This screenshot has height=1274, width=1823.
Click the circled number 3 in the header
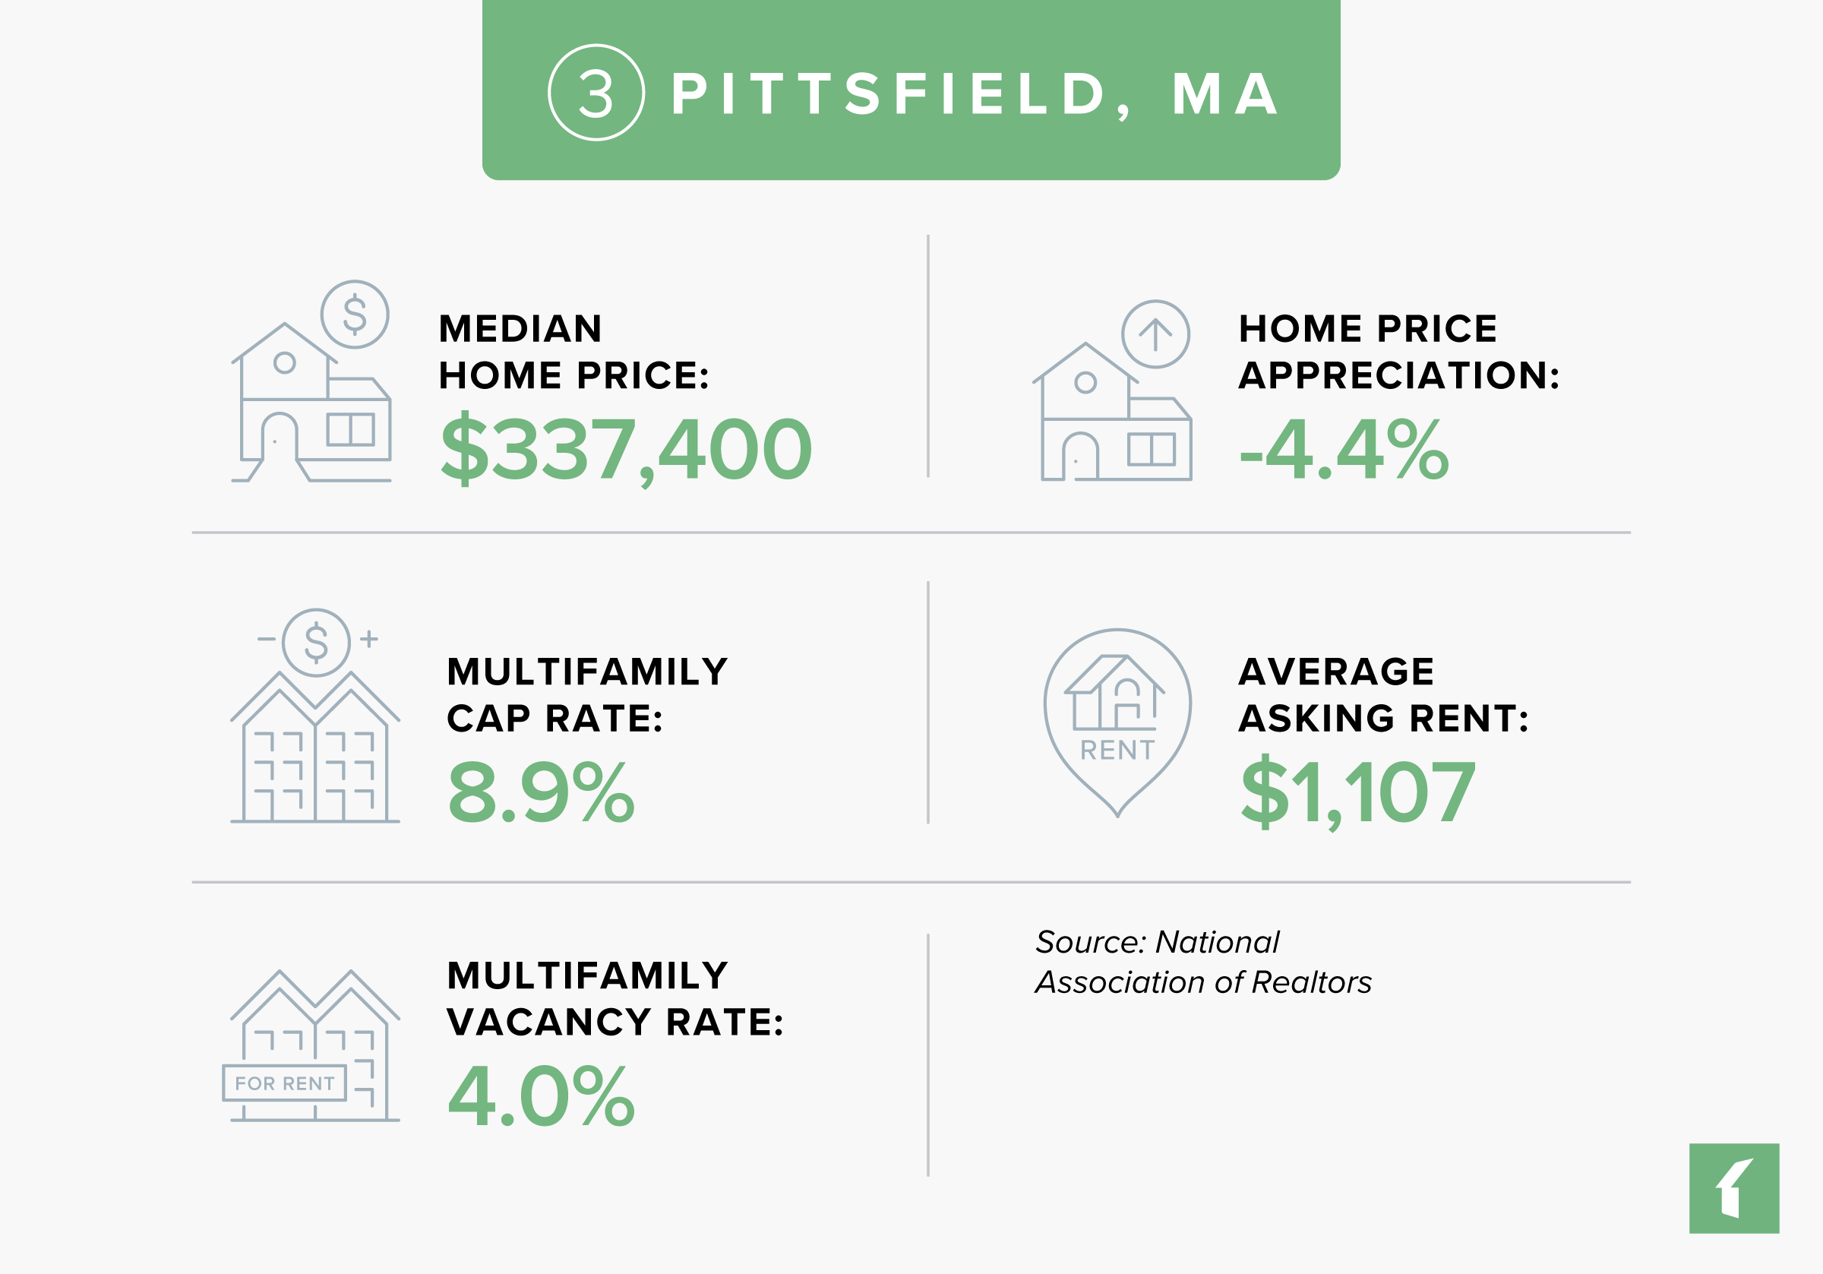pyautogui.click(x=596, y=93)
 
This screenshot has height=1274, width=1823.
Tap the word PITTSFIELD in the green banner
pyautogui.click(x=890, y=94)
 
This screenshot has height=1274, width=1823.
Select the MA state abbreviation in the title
pyautogui.click(x=1224, y=94)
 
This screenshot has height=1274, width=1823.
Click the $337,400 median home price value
pyautogui.click(x=627, y=450)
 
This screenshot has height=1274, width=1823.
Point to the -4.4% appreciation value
pyautogui.click(x=1344, y=450)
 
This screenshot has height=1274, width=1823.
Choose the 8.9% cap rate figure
pyautogui.click(x=541, y=792)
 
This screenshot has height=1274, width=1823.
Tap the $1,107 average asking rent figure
pyautogui.click(x=1357, y=792)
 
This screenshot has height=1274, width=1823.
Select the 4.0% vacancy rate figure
pyautogui.click(x=541, y=1097)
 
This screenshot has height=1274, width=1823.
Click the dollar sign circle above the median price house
pyautogui.click(x=355, y=315)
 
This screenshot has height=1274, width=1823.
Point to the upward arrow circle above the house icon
pyautogui.click(x=1155, y=334)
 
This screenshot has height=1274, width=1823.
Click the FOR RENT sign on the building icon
pyautogui.click(x=284, y=1083)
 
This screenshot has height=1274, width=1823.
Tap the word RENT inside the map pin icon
pyautogui.click(x=1117, y=750)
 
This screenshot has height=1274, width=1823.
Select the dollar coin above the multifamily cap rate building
pyautogui.click(x=316, y=643)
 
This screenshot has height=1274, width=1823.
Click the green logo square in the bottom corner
pyautogui.click(x=1734, y=1188)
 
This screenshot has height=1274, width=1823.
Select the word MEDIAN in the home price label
pyautogui.click(x=520, y=329)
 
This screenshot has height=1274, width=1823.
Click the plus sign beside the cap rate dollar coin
pyautogui.click(x=369, y=639)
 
